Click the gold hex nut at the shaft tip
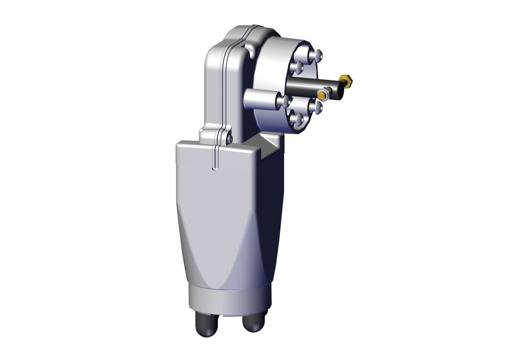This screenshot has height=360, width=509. click(x=348, y=81)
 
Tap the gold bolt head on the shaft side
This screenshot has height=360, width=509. click(x=322, y=95)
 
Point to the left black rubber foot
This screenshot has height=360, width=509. click(x=206, y=326)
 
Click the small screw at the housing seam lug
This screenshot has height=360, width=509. click(x=230, y=138)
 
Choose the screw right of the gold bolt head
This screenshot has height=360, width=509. click(x=317, y=107)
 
